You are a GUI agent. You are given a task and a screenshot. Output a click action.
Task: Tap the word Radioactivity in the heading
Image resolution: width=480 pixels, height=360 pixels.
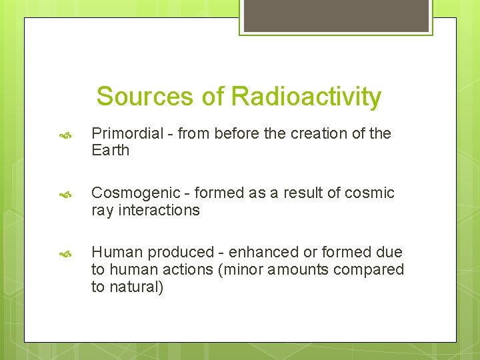(x=306, y=97)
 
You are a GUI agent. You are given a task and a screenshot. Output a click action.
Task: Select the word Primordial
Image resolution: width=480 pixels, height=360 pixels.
(x=127, y=134)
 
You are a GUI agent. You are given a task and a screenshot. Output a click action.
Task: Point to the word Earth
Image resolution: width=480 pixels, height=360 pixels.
(x=111, y=151)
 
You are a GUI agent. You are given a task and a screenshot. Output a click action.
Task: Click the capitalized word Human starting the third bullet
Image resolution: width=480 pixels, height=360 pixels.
(x=117, y=253)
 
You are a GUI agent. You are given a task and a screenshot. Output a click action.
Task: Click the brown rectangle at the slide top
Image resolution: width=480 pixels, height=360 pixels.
(x=336, y=15)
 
